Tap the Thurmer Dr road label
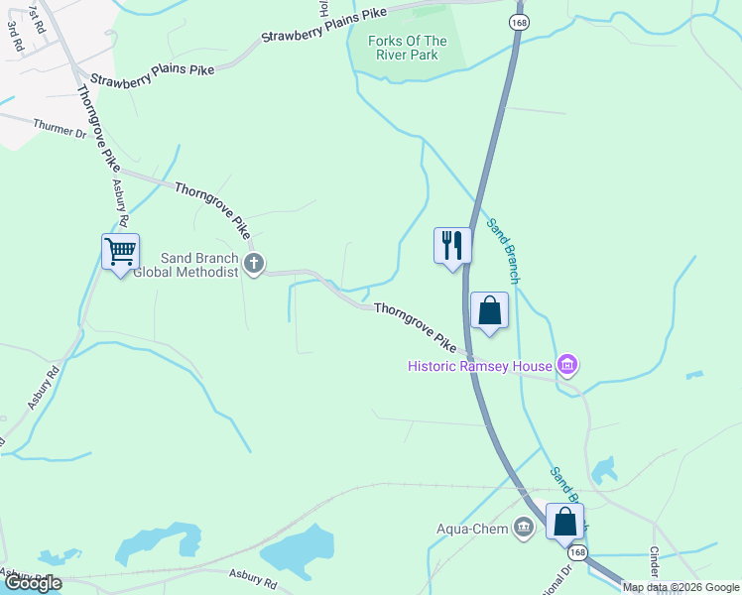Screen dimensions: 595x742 click(x=60, y=129)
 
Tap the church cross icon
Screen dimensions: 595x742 click(x=254, y=264)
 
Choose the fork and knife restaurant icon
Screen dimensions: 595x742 click(x=452, y=244)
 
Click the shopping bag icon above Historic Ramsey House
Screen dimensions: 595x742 click(x=489, y=310)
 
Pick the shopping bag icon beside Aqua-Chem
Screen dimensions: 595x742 click(x=564, y=521)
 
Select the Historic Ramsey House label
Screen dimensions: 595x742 click(x=480, y=366)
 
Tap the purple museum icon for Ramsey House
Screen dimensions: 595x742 click(x=567, y=366)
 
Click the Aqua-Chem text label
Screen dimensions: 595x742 click(x=472, y=528)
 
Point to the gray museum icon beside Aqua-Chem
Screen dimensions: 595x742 click(x=523, y=527)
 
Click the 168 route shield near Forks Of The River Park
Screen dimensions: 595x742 click(x=519, y=22)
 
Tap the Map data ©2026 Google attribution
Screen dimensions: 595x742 click(x=680, y=587)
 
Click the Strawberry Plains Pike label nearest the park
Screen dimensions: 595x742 click(x=324, y=26)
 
